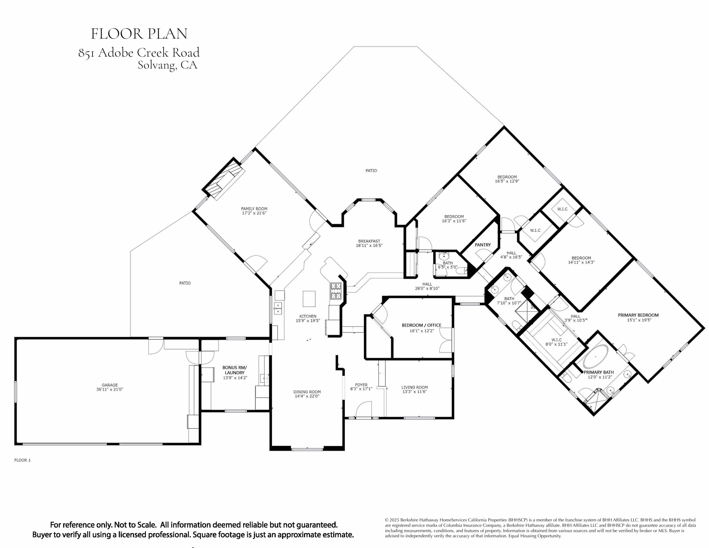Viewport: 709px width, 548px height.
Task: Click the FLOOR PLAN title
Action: click(x=139, y=34)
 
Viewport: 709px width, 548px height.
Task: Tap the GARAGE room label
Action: click(x=110, y=385)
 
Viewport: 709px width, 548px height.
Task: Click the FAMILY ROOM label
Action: click(x=254, y=209)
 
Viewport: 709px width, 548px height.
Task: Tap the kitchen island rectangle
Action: click(x=309, y=299)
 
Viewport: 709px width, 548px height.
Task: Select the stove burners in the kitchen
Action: click(x=336, y=291)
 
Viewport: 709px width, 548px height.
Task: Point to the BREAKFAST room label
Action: click(x=369, y=241)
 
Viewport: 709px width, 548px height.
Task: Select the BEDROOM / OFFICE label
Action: click(x=421, y=325)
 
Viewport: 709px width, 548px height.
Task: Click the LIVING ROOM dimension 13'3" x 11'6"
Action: click(x=415, y=392)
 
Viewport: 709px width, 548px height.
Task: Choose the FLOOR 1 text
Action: click(x=22, y=460)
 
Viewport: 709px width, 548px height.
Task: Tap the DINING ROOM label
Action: click(x=307, y=392)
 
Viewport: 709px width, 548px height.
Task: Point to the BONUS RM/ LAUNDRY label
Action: click(x=234, y=370)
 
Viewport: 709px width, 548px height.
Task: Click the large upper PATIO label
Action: click(x=371, y=170)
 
